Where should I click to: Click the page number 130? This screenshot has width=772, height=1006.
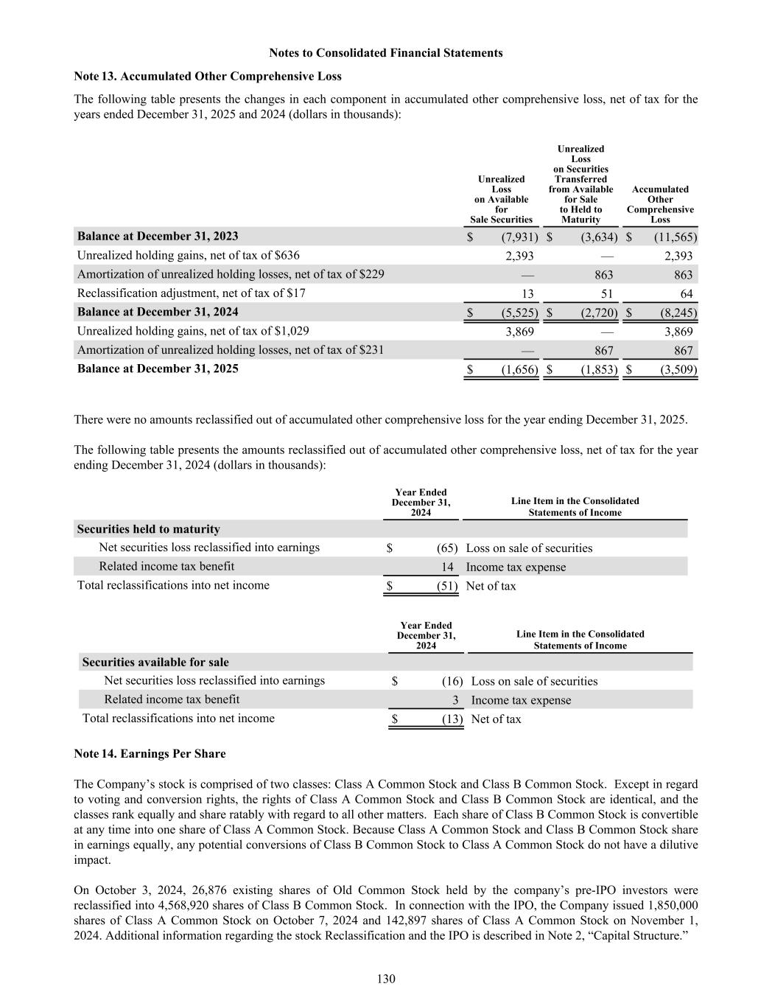[x=386, y=979]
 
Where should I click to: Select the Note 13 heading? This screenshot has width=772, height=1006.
[x=208, y=76]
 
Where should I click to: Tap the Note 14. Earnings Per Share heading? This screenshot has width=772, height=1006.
[x=150, y=753]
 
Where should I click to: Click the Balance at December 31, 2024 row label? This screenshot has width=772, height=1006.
[x=158, y=312]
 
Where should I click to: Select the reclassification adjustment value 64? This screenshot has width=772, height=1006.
[x=686, y=293]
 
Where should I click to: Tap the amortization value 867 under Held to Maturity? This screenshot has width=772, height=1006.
[x=603, y=351]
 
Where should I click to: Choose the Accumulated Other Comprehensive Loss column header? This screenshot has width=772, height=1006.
[x=660, y=204]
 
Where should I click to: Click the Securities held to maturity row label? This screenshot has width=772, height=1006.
[x=149, y=529]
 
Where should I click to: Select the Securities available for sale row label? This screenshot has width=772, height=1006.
[x=155, y=662]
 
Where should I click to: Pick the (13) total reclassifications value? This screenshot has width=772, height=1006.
[x=452, y=719]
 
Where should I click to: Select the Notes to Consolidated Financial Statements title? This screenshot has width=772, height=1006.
[x=386, y=53]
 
